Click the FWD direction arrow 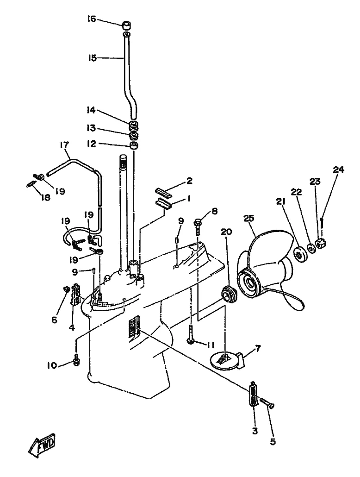point(42,444)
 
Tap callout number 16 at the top point(91,19)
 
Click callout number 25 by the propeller point(249,219)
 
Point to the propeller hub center point(250,284)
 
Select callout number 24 point(338,170)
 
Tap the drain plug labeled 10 point(76,359)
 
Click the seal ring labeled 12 point(133,145)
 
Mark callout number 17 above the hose point(64,144)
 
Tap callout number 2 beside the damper point(189,181)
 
